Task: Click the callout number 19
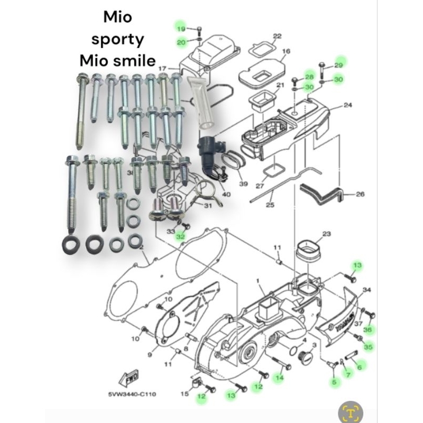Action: (181, 29)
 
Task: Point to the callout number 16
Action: (286, 51)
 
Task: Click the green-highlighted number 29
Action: (339, 65)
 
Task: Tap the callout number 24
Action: (347, 105)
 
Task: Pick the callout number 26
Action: (360, 194)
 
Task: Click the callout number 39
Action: (243, 183)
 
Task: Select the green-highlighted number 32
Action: (181, 236)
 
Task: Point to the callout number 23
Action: (326, 234)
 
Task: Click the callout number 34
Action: (367, 290)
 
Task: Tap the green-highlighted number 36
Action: (368, 329)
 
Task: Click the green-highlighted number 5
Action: (334, 382)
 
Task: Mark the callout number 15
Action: (184, 393)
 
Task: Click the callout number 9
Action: (150, 355)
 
